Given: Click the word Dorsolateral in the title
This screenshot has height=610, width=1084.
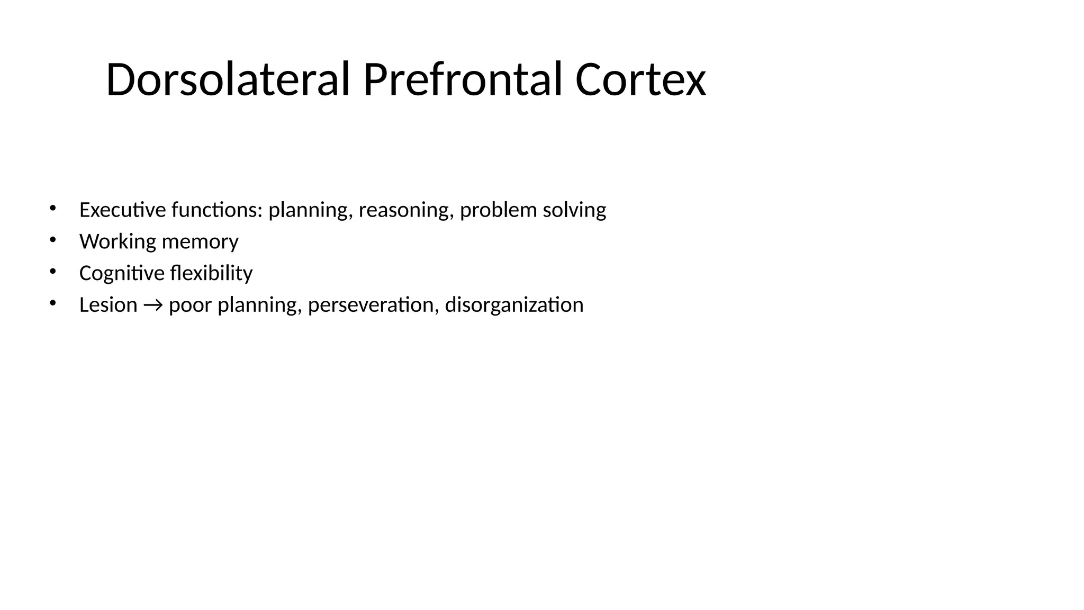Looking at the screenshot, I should pos(228,80).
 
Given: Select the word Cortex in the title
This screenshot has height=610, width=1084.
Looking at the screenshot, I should pos(640,80).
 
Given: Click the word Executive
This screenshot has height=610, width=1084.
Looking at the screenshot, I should pos(122,210).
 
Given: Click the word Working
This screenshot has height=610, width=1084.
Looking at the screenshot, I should pos(118,242).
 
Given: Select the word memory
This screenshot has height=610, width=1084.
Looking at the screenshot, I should pos(200,242).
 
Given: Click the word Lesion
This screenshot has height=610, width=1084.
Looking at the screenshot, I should pos(108,305).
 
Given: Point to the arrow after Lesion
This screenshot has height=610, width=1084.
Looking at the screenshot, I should pos(153,306).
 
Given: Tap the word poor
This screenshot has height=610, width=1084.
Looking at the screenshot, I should pos(191,306).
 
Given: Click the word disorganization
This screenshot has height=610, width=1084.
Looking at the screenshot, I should pos(514,305).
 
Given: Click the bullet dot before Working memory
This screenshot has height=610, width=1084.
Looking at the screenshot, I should pos(52,240).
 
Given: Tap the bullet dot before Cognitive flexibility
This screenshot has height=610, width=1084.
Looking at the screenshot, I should pos(52,272).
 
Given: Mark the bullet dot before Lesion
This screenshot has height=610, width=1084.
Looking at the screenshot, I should pos(52,303).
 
